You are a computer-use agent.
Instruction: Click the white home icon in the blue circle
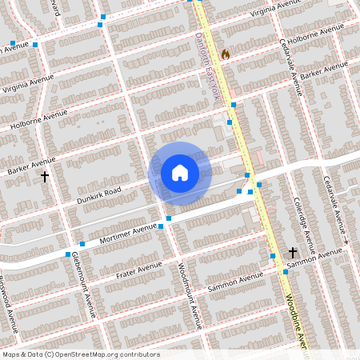tap(179, 172)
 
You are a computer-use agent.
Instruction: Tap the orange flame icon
tap(226, 54)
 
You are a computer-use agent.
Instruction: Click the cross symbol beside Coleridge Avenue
tap(294, 251)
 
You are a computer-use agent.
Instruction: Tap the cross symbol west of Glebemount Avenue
tap(45, 176)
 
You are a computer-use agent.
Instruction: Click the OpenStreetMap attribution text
tap(81, 354)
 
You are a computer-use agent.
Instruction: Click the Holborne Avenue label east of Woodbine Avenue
tap(309, 38)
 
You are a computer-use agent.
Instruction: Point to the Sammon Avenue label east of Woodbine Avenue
tap(318, 258)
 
